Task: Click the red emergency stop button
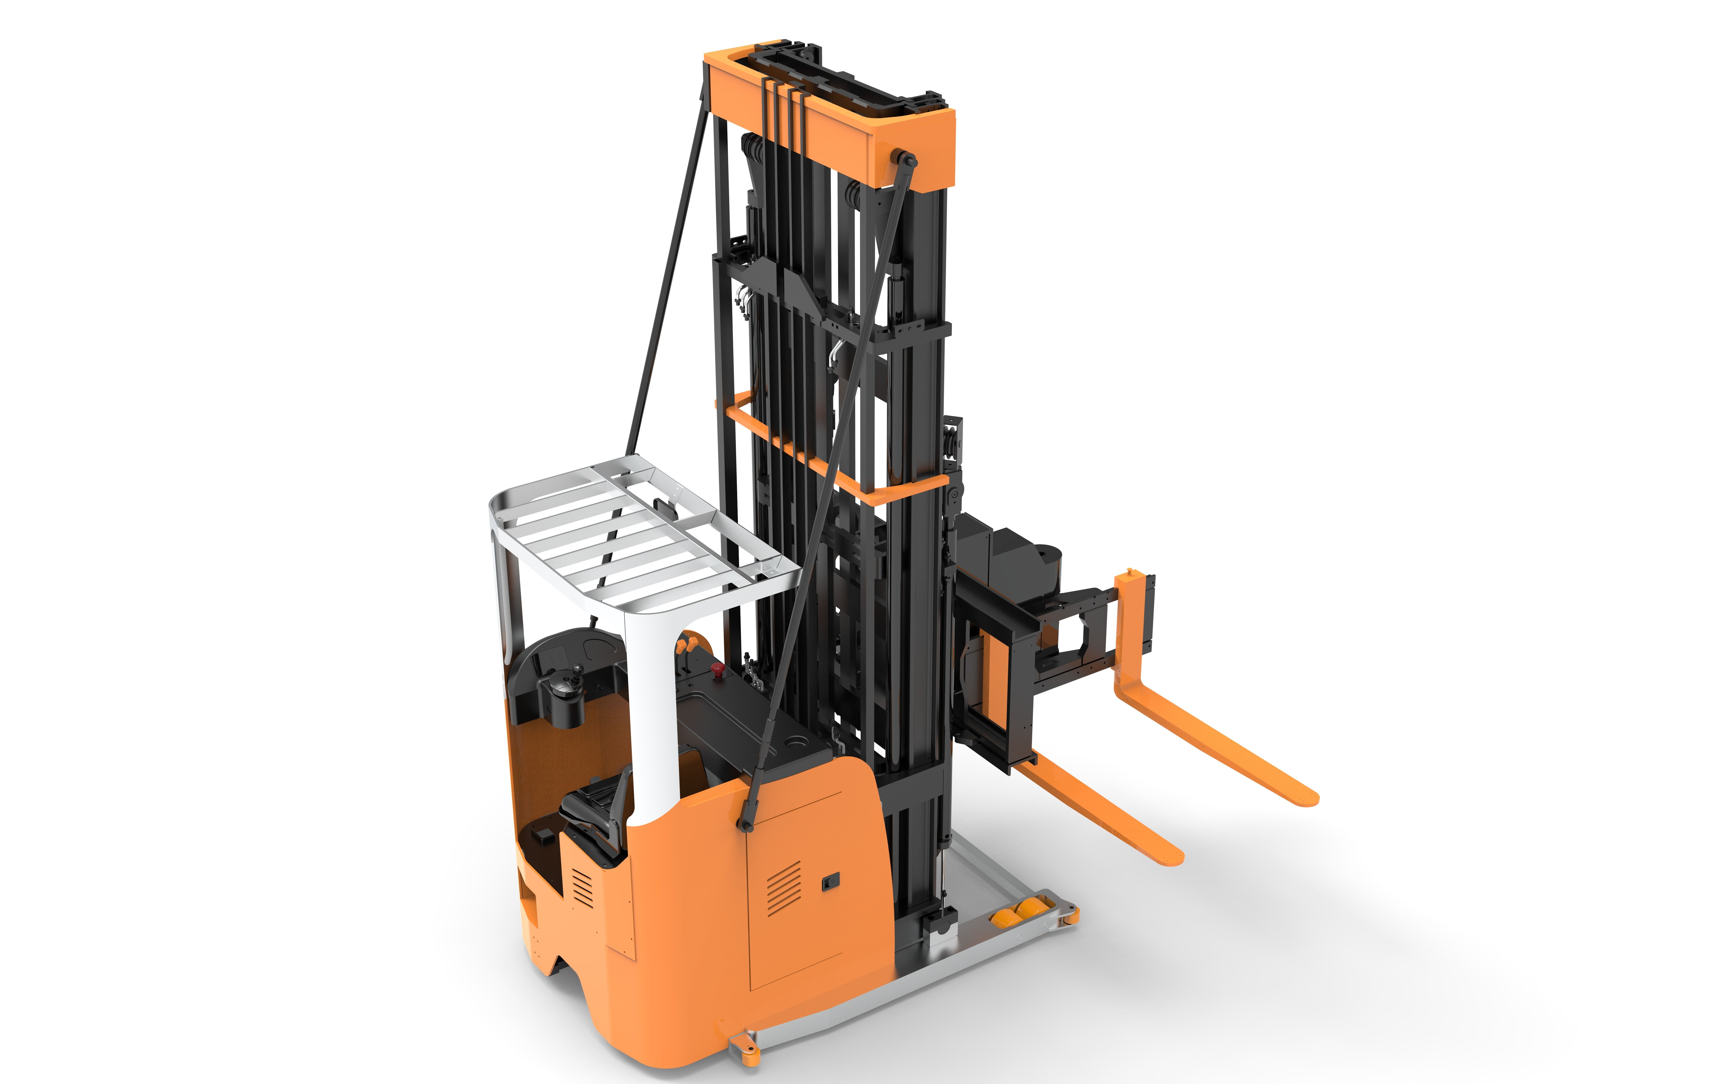click(715, 670)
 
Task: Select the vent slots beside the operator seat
click(582, 888)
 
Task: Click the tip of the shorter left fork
click(1174, 857)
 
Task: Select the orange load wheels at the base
click(1017, 912)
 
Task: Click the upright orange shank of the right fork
click(1128, 631)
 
